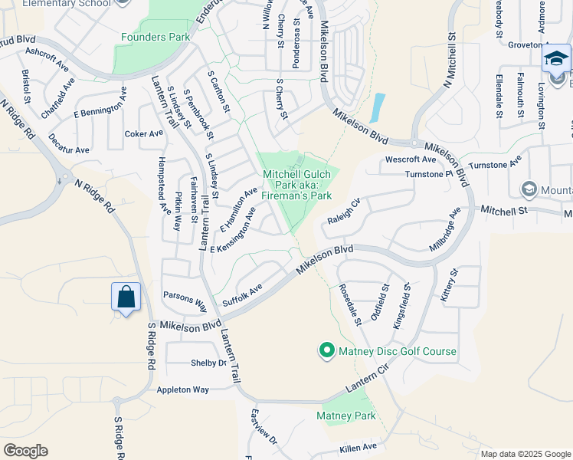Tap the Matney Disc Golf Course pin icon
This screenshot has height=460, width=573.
pos(326,351)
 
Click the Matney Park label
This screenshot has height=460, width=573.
pos(346,416)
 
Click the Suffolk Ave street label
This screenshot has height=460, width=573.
pos(242,296)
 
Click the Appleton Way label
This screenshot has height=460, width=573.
pos(182,389)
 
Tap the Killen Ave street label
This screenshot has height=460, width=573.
pos(359,447)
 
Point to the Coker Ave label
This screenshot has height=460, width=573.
pos(144,133)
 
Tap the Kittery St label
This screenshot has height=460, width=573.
pos(449,284)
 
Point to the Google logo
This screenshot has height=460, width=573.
pos(25,451)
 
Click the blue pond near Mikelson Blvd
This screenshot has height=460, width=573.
pos(377,107)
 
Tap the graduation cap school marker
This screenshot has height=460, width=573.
pos(557,58)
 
